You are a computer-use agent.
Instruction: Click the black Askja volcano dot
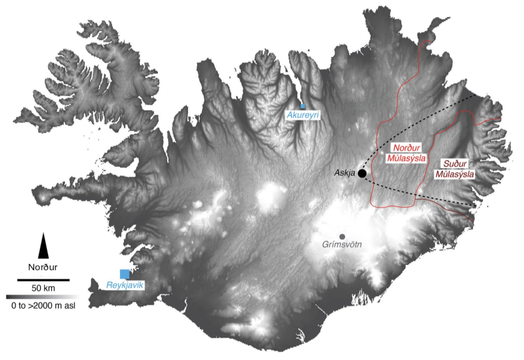(x=362, y=173)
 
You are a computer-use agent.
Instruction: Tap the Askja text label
(x=345, y=173)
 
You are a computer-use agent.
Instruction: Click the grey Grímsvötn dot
(x=342, y=236)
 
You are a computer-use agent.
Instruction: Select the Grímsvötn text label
(x=342, y=245)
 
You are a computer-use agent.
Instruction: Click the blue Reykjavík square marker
(x=125, y=274)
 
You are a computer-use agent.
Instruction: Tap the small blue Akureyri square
(x=303, y=106)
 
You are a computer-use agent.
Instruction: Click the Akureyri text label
(x=302, y=114)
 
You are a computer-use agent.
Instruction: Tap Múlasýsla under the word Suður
(x=454, y=173)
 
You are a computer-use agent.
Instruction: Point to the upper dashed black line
(x=421, y=118)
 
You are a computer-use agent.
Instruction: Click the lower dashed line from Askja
(x=421, y=196)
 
